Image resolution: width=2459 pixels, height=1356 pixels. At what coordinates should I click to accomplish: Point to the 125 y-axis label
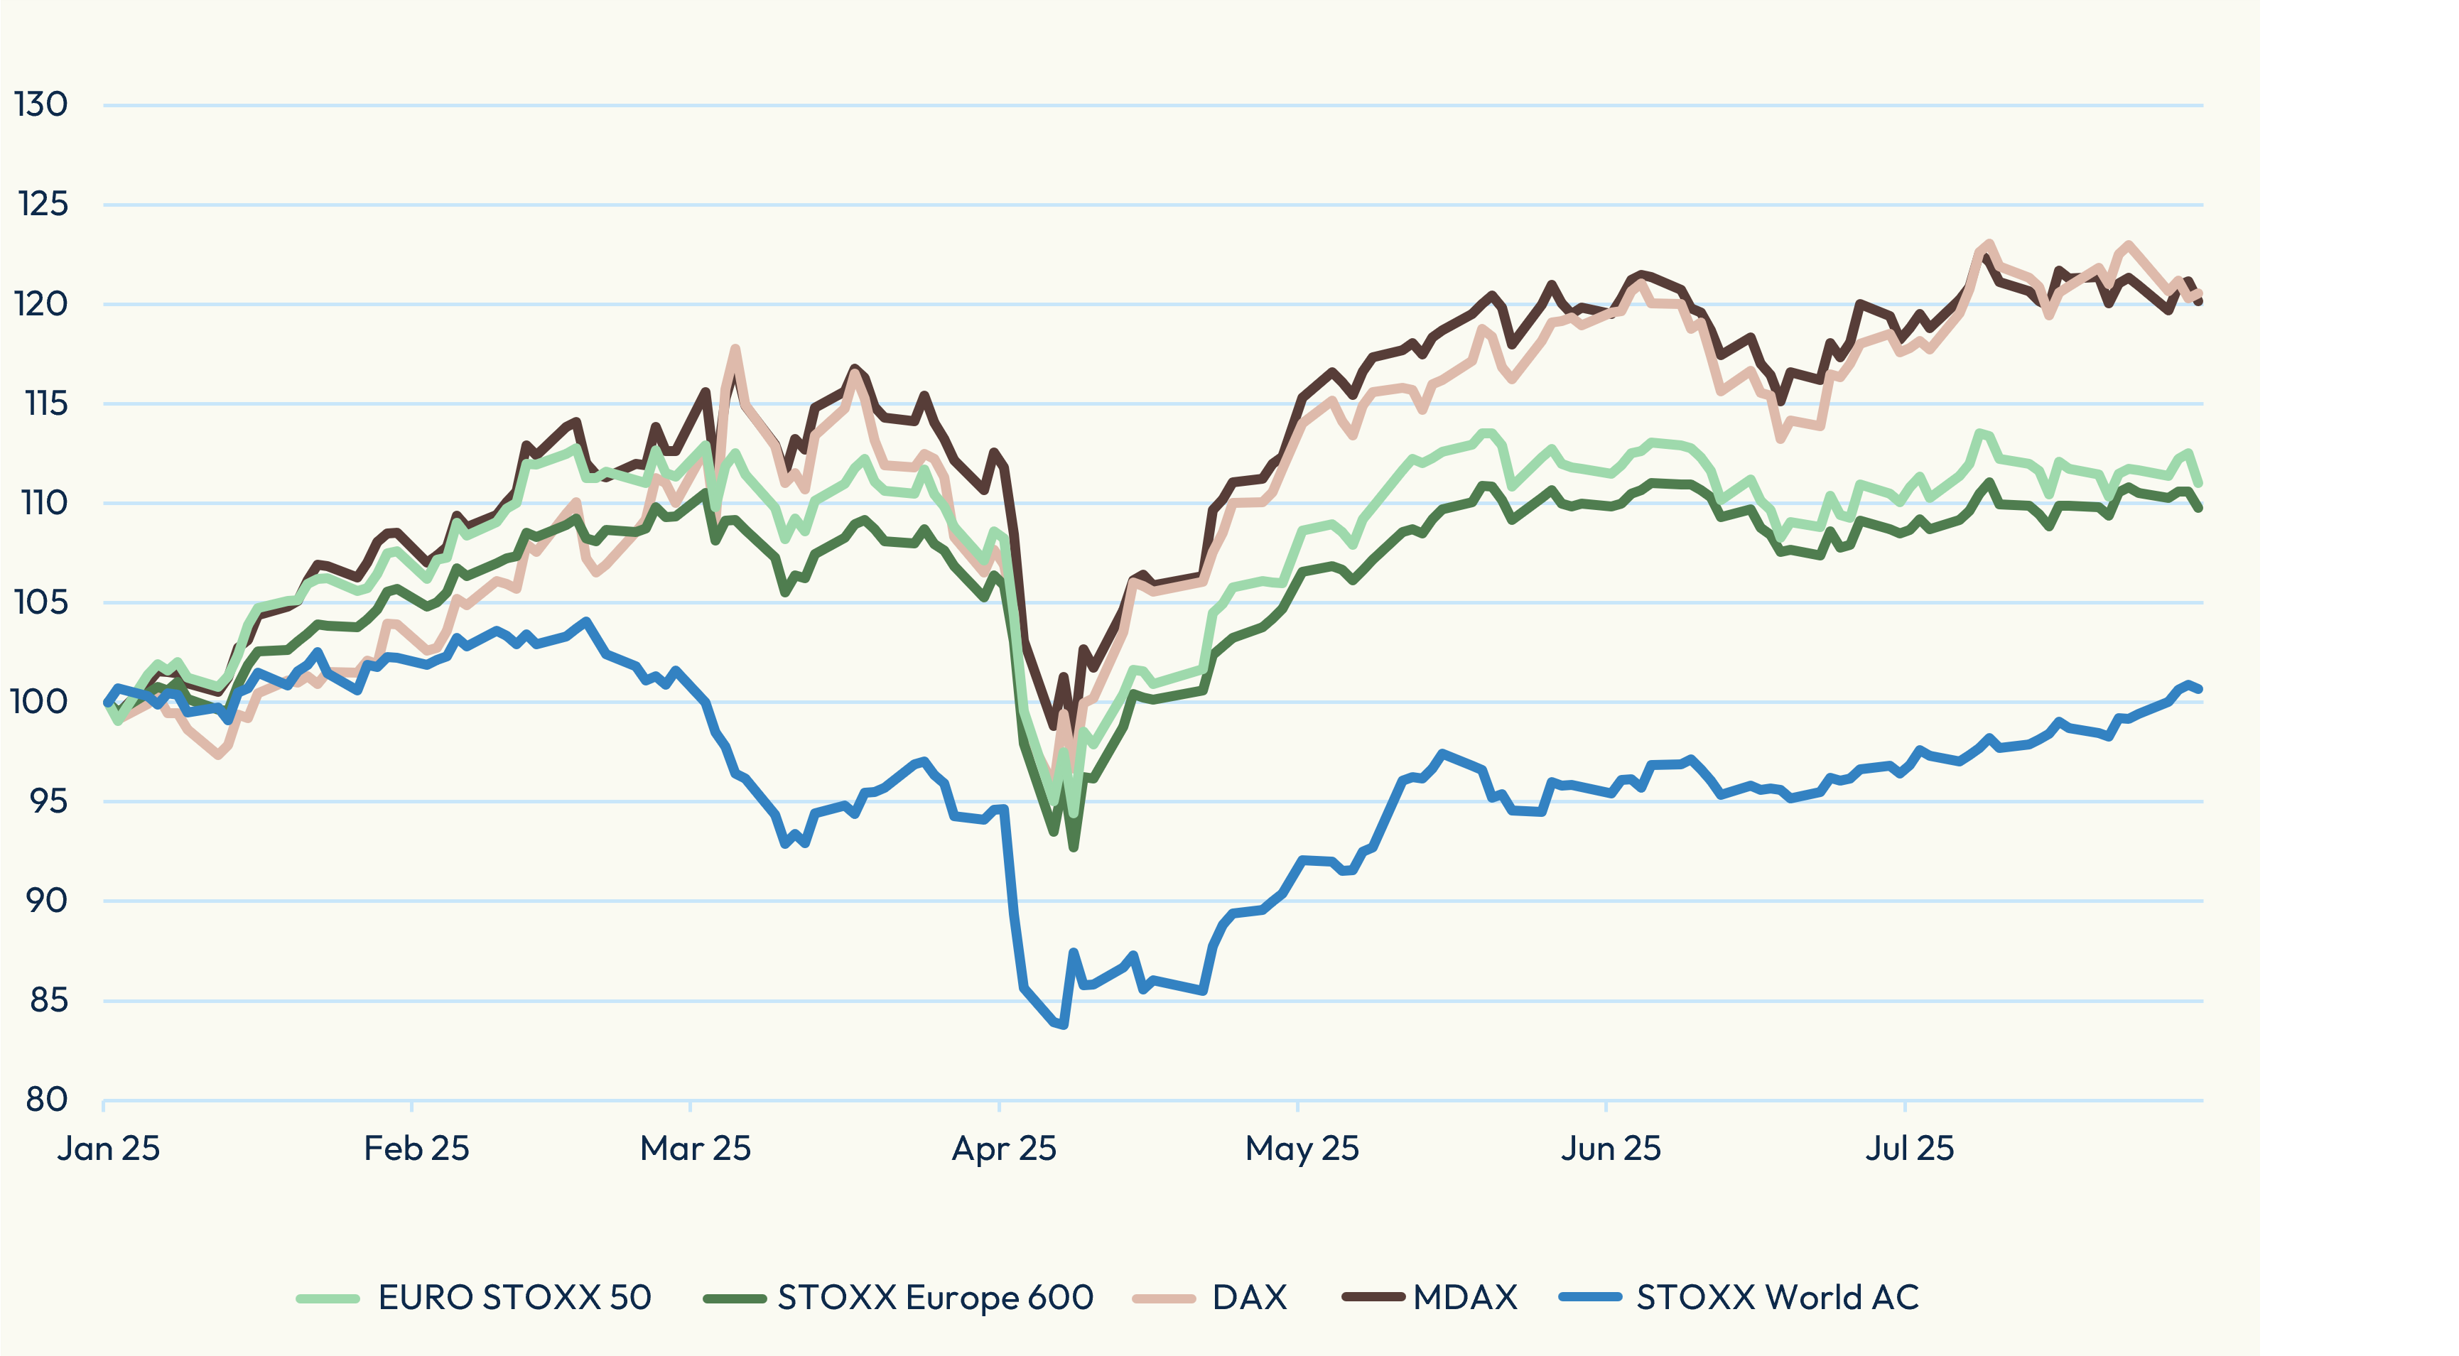pos(43,203)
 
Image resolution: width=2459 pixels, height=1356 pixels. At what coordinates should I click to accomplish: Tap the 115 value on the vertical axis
pos(45,403)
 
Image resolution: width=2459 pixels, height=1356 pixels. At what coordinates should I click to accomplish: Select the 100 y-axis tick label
pos(39,701)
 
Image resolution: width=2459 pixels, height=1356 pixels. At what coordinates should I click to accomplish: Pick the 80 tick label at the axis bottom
pos(45,1100)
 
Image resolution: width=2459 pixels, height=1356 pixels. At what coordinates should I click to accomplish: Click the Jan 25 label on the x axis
pos(108,1148)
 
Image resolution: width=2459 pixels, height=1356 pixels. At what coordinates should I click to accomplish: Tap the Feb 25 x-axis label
pos(416,1148)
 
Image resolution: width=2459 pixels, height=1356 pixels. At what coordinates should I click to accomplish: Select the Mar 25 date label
pos(695,1148)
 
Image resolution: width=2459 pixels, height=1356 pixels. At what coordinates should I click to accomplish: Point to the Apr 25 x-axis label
pos(1003,1148)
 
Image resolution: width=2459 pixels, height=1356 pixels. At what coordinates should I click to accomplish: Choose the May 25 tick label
pos(1302,1148)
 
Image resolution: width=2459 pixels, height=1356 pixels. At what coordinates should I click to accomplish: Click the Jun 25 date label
pos(1611,1148)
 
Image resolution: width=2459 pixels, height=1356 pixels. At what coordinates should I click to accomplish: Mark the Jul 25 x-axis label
pos(1909,1148)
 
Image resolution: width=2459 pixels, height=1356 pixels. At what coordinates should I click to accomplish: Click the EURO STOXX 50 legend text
pos(514,1298)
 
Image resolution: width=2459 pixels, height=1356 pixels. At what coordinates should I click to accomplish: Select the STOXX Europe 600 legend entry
pos(934,1298)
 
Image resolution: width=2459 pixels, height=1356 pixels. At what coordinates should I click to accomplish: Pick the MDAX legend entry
pos(1465,1298)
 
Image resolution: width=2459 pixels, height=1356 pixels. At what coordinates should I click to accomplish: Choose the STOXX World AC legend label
pos(1778,1298)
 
